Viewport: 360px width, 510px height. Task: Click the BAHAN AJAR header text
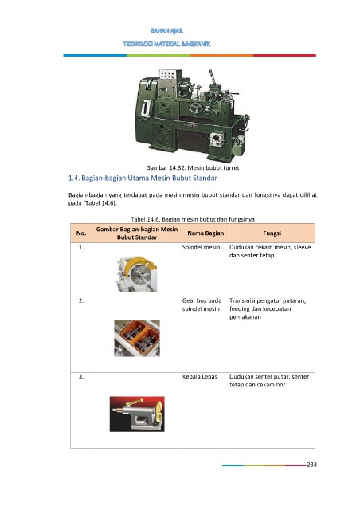tap(166, 31)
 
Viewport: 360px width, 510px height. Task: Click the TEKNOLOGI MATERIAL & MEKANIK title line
tap(166, 44)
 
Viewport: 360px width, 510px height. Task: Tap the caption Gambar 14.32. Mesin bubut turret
tap(193, 168)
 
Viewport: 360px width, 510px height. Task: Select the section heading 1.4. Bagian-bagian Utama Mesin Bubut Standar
tap(143, 178)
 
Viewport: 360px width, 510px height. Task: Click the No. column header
tap(81, 233)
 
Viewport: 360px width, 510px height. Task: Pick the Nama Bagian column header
tap(205, 233)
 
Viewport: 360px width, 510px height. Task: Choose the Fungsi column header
tap(272, 233)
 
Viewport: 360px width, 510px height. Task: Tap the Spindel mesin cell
tap(201, 247)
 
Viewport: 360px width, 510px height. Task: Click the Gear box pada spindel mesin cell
tap(202, 304)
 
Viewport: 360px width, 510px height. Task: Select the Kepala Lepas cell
tap(200, 377)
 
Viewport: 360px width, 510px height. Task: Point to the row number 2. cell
tap(81, 301)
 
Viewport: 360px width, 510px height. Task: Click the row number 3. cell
tap(81, 377)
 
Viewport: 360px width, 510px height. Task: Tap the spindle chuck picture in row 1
tap(137, 274)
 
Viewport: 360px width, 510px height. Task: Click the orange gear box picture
tap(137, 338)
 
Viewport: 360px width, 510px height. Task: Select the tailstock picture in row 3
tap(137, 414)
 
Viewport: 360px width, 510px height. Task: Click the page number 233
tap(311, 465)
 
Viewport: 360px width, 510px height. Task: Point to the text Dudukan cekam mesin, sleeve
tap(270, 247)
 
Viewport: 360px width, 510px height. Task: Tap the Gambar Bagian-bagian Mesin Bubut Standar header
tap(137, 233)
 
